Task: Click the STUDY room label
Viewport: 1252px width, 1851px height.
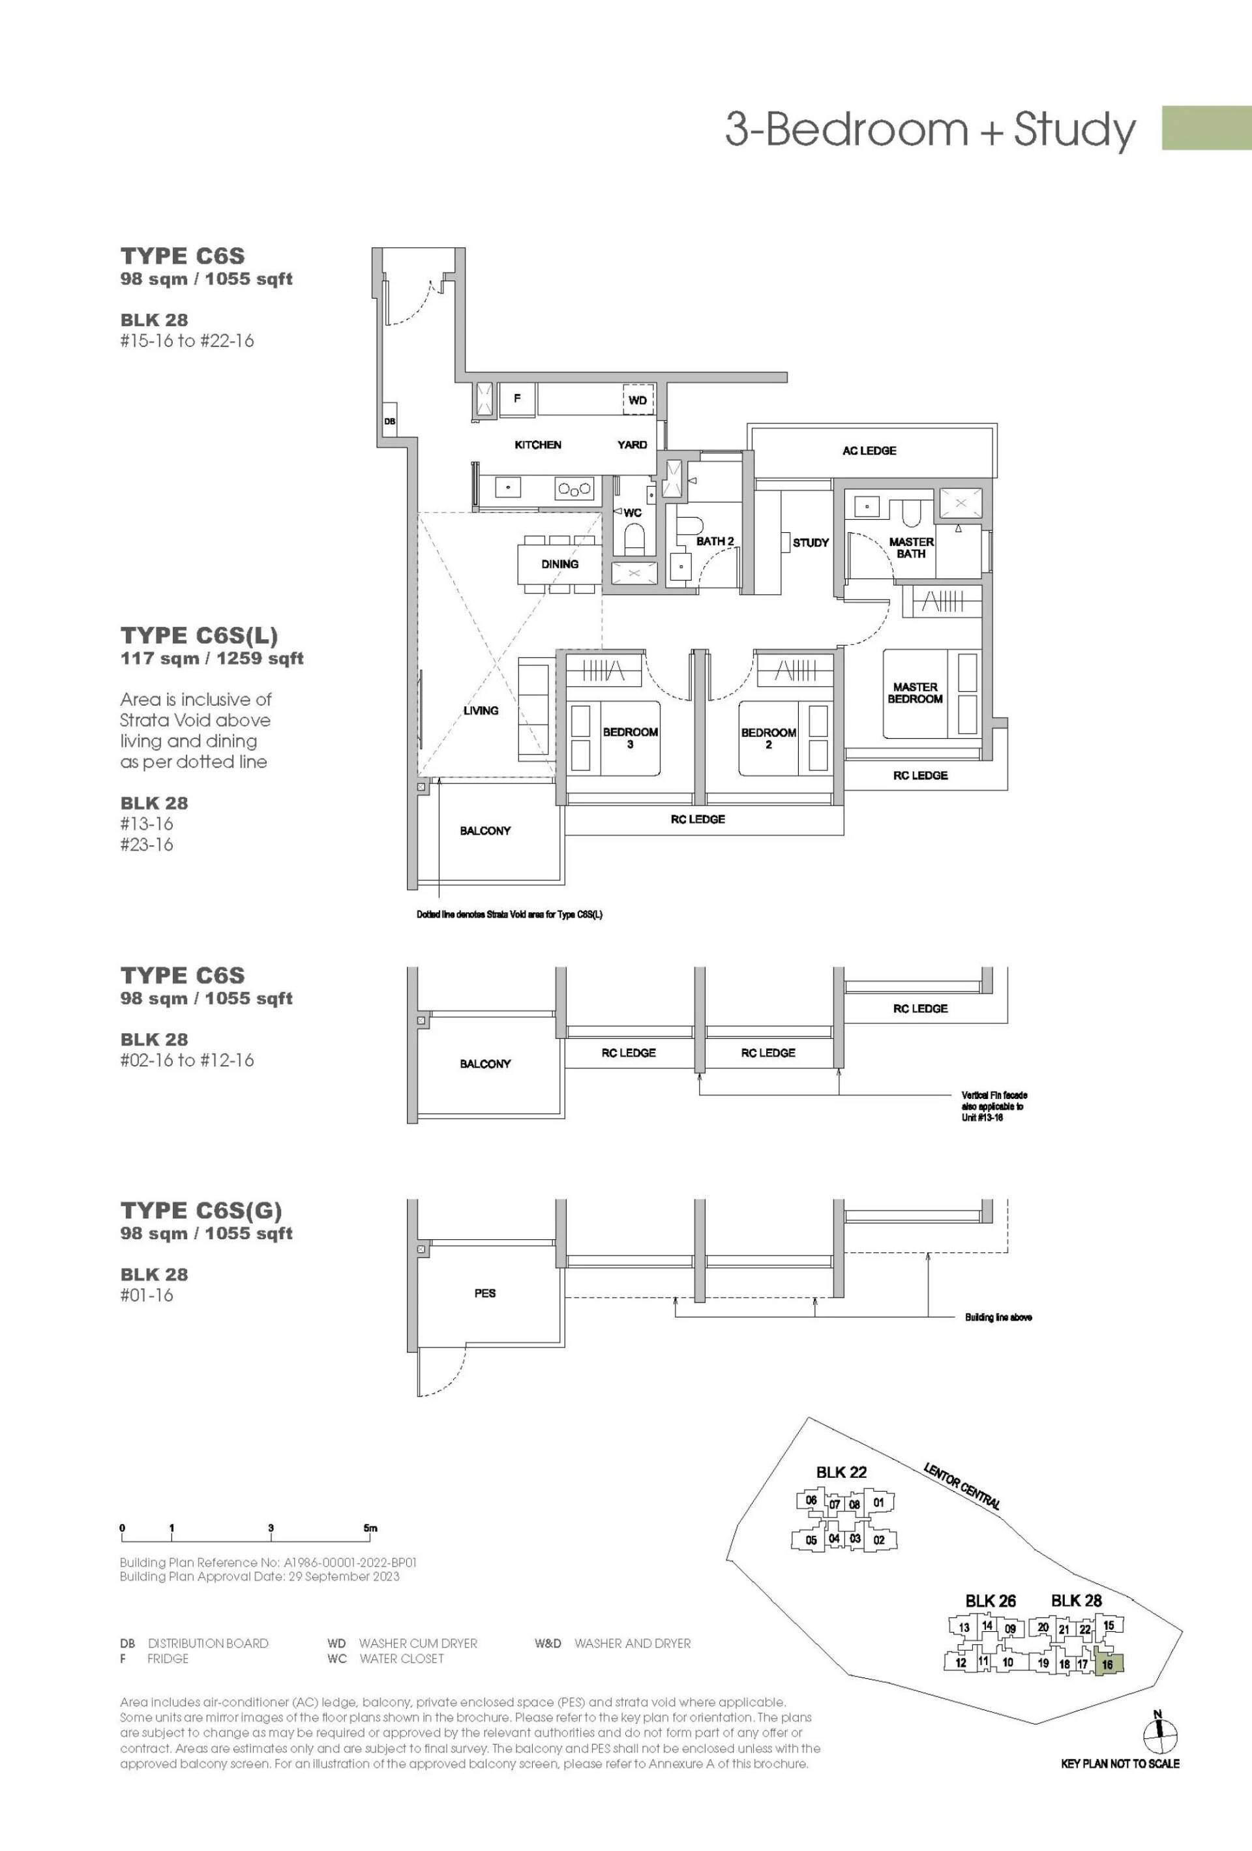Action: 811,543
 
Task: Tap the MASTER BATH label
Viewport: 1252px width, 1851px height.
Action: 911,547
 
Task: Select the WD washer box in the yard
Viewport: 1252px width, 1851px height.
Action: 638,400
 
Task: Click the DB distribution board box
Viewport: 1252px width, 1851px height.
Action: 389,421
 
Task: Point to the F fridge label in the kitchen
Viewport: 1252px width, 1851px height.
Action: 517,399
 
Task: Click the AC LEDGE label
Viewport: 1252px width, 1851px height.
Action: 869,451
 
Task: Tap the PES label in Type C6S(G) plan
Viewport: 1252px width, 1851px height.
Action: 485,1293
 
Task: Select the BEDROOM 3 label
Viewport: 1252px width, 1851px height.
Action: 630,738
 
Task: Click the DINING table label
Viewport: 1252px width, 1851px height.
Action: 560,564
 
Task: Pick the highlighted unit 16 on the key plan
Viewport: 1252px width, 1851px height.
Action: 1109,1664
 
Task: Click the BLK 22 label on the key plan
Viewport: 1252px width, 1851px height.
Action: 841,1472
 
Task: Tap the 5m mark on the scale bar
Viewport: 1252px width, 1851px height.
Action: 370,1527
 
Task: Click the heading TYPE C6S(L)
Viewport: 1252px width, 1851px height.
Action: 199,635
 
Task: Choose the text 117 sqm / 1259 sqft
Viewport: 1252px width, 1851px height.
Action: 212,659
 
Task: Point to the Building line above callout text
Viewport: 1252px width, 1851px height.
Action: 999,1317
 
